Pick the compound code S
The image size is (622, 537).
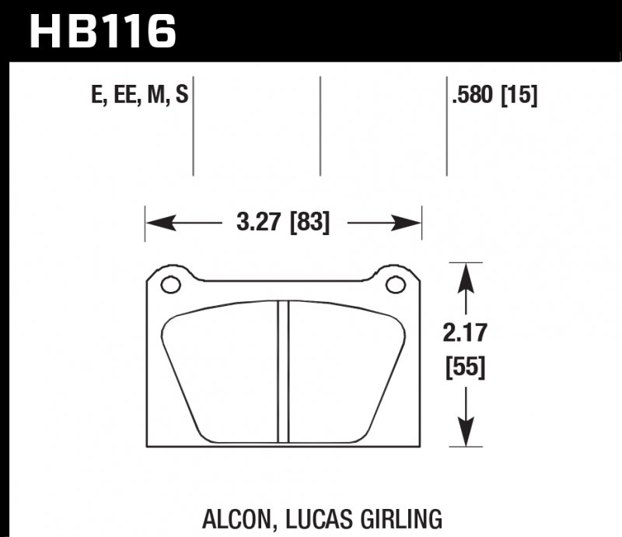tap(181, 97)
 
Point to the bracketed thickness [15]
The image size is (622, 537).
tap(519, 97)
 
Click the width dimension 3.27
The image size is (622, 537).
tap(260, 223)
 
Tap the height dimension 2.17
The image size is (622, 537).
tap(466, 334)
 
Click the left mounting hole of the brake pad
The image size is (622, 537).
tap(170, 285)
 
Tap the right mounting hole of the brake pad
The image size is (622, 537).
tap(396, 285)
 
